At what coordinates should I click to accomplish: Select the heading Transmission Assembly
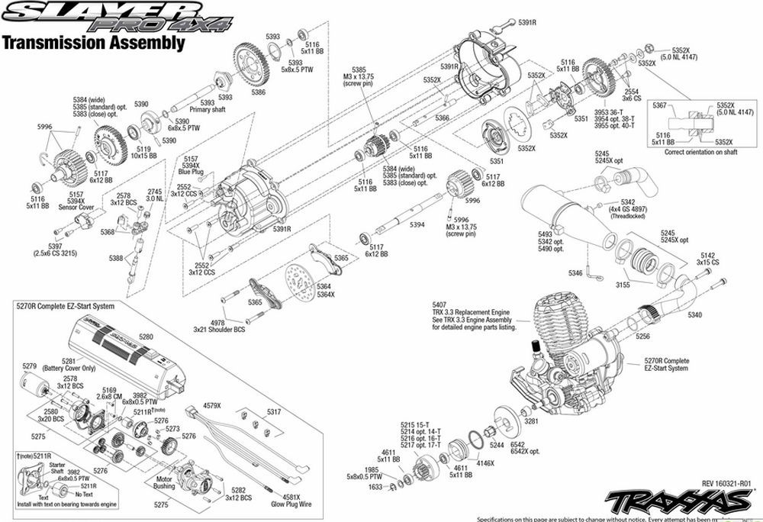point(95,43)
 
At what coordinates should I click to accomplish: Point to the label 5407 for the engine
point(440,303)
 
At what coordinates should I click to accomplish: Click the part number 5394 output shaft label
point(417,224)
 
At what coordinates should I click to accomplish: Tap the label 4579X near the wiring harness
point(211,405)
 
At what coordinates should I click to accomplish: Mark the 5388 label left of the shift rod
point(116,259)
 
